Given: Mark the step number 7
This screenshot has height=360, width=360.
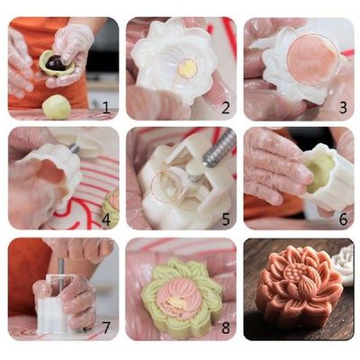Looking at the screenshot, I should [x=105, y=328].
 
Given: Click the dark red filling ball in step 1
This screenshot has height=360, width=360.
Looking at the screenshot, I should [x=56, y=63].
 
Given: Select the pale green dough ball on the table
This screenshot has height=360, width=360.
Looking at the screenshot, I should [x=57, y=106].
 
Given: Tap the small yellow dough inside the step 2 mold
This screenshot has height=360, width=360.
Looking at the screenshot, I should [x=188, y=67].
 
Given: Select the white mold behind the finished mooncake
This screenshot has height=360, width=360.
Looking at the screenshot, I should [x=343, y=262].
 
